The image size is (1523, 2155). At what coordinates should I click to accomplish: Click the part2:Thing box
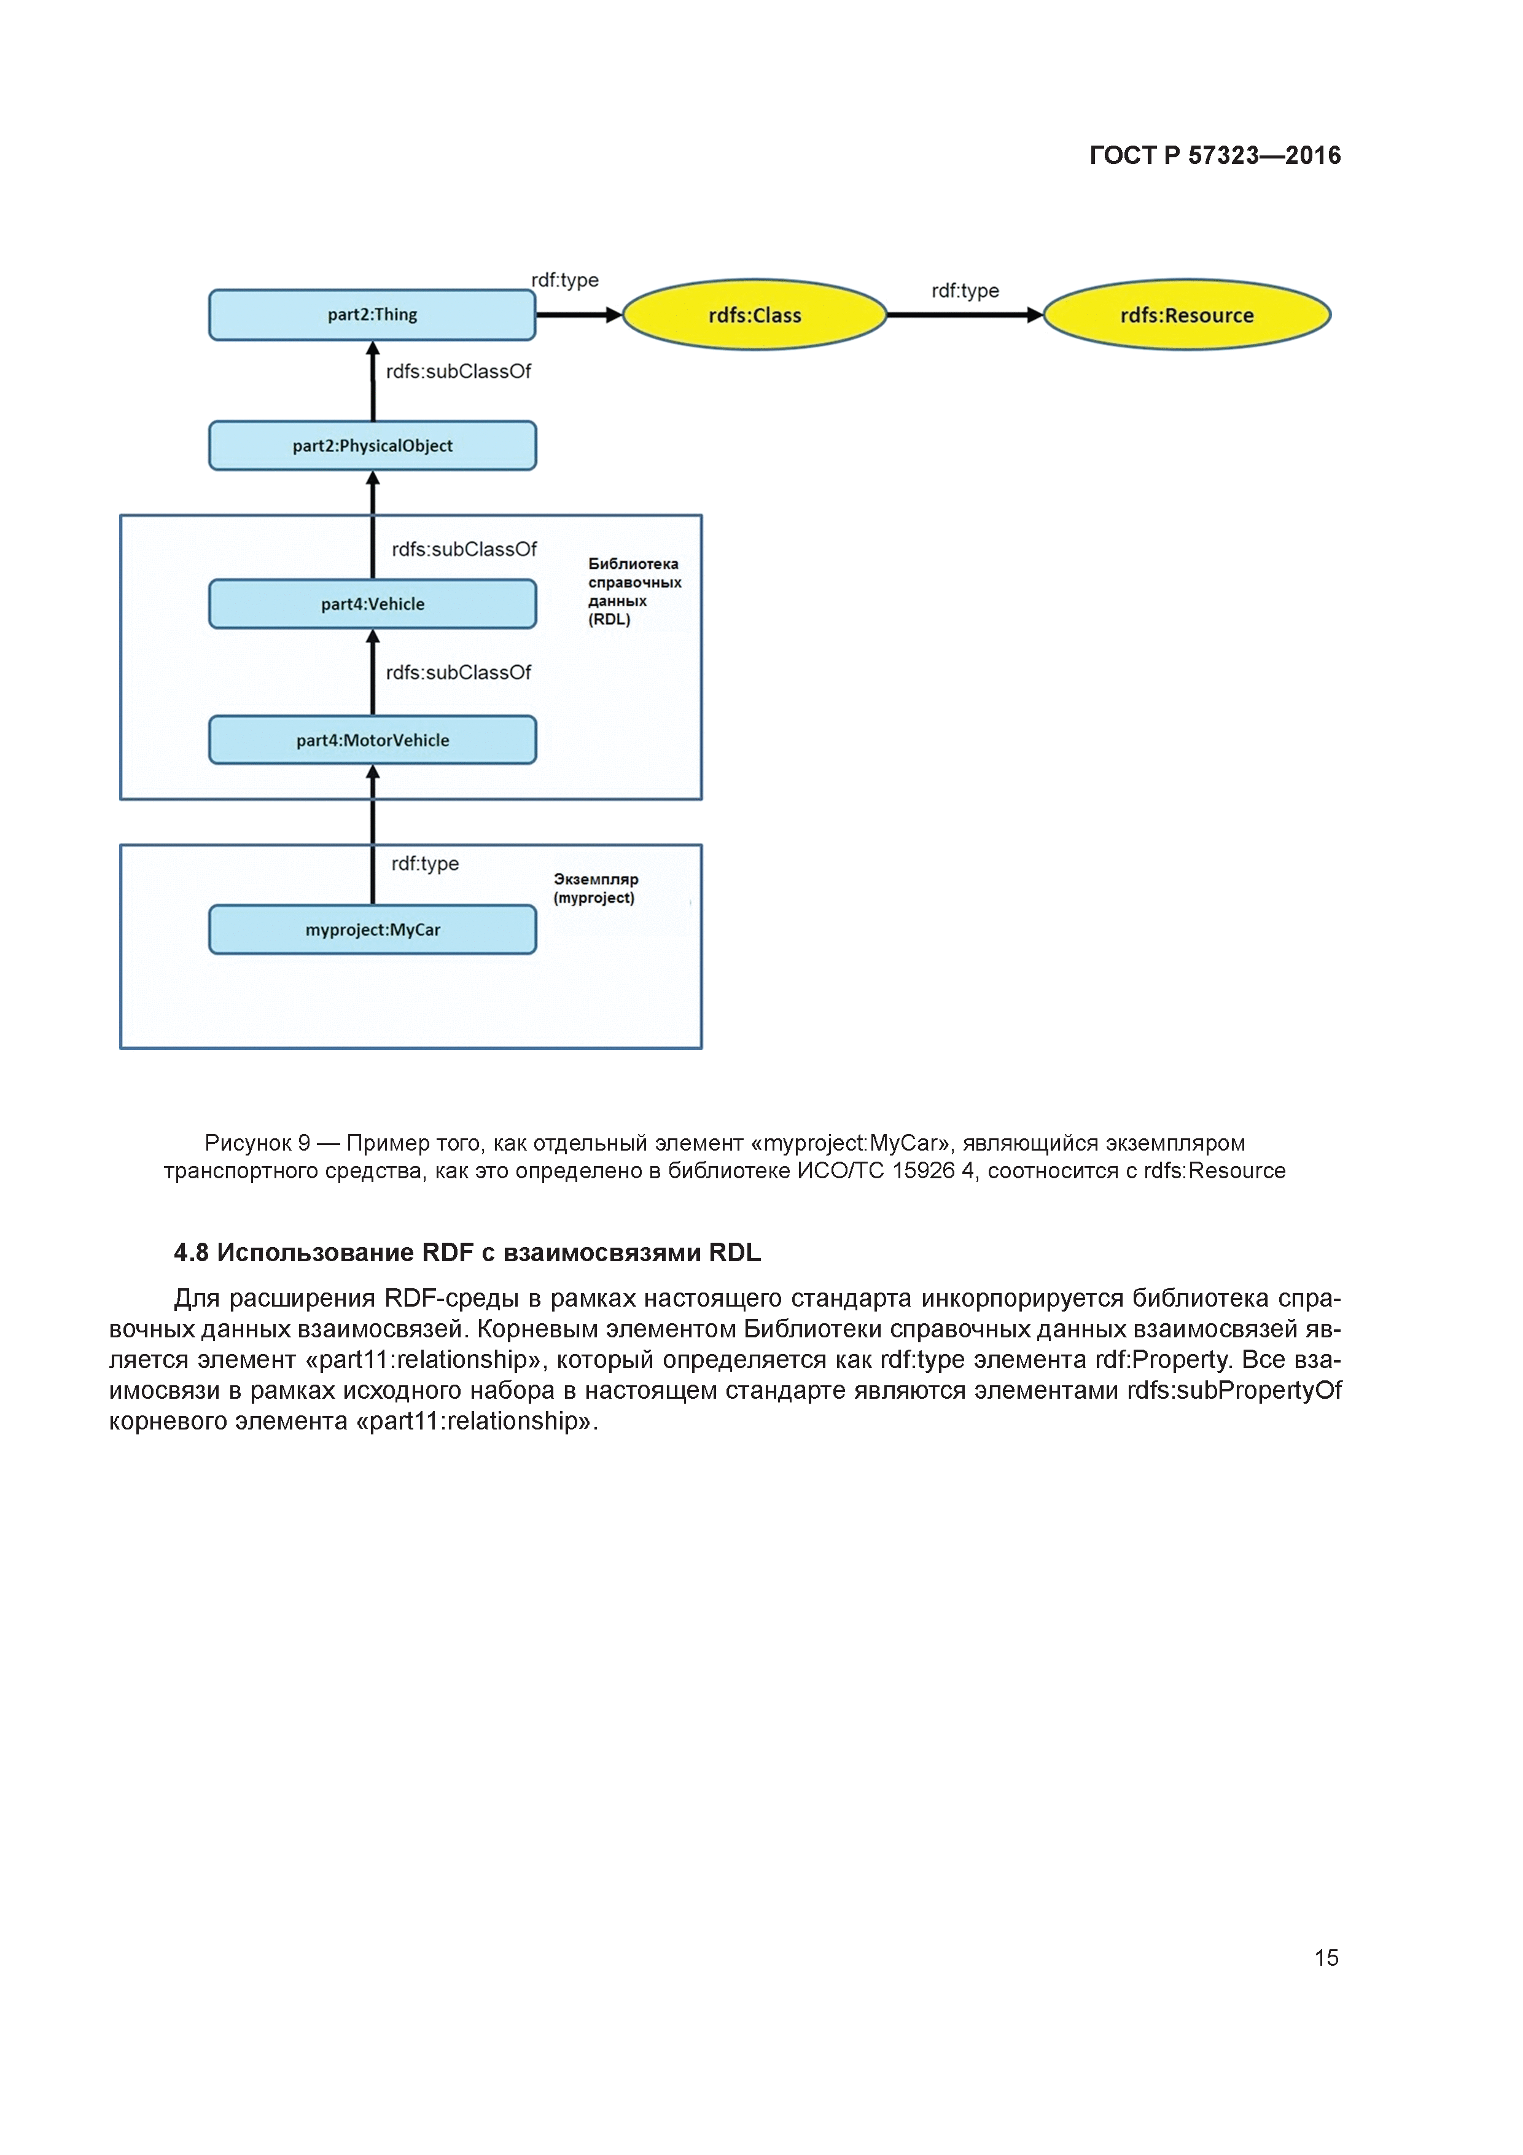pyautogui.click(x=372, y=315)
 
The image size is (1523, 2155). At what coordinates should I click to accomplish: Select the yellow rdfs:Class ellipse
pyautogui.click(x=755, y=315)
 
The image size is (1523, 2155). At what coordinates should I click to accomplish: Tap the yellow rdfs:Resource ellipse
pyautogui.click(x=1186, y=315)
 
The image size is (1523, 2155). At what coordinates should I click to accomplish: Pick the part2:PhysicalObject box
pyautogui.click(x=372, y=446)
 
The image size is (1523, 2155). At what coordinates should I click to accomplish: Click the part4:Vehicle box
pyautogui.click(x=372, y=603)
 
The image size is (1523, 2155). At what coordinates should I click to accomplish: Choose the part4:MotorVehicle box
pyautogui.click(x=372, y=740)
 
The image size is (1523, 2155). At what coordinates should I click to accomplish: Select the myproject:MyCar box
pyautogui.click(x=372, y=929)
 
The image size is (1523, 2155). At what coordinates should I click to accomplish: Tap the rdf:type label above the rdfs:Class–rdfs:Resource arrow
pyautogui.click(x=965, y=291)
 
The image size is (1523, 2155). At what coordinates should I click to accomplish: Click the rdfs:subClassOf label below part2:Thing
pyautogui.click(x=458, y=372)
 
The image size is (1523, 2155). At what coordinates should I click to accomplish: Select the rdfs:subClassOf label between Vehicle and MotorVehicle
pyautogui.click(x=458, y=672)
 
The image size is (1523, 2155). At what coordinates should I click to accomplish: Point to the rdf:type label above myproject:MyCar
pyautogui.click(x=425, y=864)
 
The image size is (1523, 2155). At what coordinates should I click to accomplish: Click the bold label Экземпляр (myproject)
pyautogui.click(x=595, y=888)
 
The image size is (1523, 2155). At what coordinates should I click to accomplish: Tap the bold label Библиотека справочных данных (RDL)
pyautogui.click(x=633, y=592)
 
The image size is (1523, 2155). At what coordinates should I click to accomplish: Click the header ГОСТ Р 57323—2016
pyautogui.click(x=1214, y=156)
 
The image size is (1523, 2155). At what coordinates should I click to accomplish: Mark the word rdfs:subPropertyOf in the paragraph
pyautogui.click(x=1234, y=1390)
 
